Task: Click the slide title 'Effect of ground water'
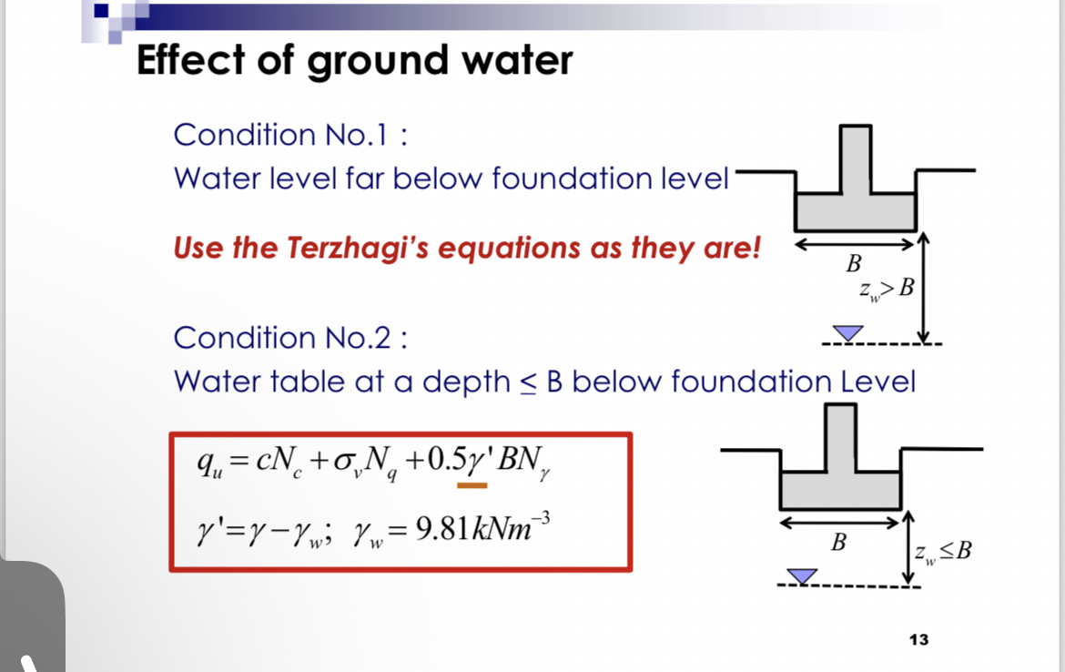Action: tap(354, 61)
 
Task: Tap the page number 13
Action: tap(918, 639)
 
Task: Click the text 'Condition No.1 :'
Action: tap(289, 135)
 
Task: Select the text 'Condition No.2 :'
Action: tap(289, 338)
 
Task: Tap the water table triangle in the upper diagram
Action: tap(847, 334)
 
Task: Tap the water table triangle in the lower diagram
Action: tap(801, 575)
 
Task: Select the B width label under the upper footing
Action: tap(853, 264)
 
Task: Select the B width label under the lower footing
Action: tap(838, 544)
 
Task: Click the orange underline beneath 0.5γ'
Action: tap(472, 485)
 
